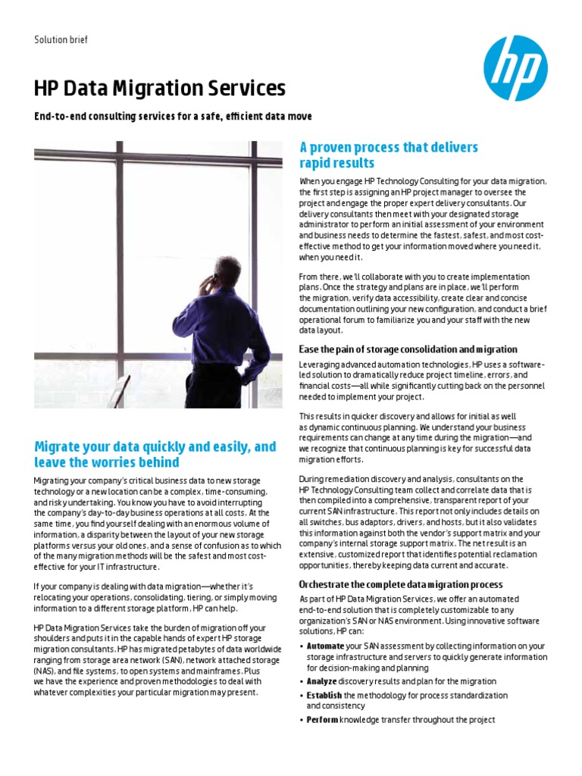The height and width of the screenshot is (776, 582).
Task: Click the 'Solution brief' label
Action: (x=61, y=39)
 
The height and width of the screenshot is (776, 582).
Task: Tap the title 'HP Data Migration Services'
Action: (x=160, y=89)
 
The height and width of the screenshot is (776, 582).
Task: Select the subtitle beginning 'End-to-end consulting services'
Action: (x=173, y=116)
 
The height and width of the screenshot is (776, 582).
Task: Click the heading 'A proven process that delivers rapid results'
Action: (x=389, y=155)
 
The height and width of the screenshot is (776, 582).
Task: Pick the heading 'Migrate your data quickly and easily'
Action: (x=155, y=455)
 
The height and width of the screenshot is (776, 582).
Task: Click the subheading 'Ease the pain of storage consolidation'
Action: (x=408, y=349)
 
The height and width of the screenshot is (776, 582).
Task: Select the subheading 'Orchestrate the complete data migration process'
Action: (x=400, y=584)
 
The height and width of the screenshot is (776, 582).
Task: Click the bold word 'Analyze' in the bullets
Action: (x=321, y=681)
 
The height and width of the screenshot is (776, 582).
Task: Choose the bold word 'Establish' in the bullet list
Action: (x=324, y=695)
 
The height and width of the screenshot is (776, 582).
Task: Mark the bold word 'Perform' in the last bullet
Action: (x=321, y=720)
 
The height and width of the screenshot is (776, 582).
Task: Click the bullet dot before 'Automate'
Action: (x=301, y=646)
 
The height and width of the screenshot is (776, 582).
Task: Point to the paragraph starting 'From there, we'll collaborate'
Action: (x=422, y=303)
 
